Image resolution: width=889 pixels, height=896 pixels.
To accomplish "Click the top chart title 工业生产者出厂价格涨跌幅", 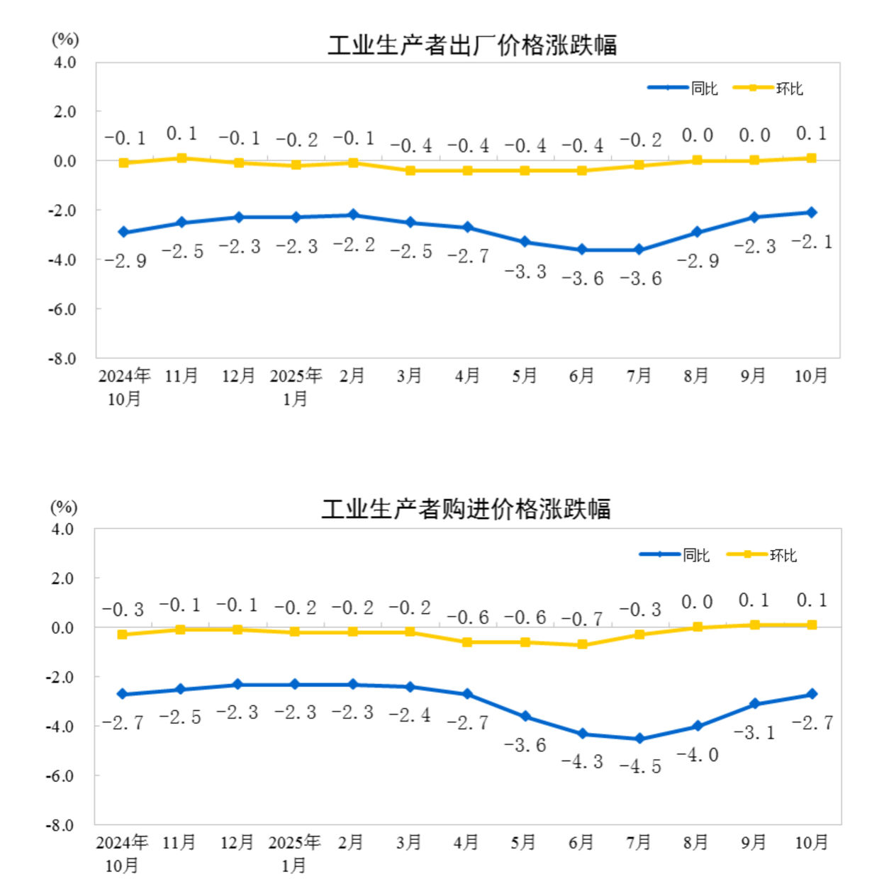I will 472,45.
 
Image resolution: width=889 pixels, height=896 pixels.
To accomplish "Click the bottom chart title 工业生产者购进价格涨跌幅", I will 466,509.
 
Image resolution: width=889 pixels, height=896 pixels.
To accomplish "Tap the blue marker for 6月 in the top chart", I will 582,250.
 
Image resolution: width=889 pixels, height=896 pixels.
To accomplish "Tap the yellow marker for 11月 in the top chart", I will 181,158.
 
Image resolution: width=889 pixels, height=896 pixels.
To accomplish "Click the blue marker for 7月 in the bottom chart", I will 639,739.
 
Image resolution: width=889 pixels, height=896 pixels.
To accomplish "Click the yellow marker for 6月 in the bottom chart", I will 582,644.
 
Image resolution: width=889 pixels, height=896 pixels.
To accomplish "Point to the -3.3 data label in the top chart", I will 525,271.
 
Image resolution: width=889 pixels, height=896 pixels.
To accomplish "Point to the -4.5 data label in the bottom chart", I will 640,766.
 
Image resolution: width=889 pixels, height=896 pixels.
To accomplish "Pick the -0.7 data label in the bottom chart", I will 582,619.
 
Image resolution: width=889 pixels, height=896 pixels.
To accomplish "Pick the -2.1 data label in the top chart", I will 812,242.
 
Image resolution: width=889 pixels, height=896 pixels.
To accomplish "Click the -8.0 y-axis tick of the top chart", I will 62,359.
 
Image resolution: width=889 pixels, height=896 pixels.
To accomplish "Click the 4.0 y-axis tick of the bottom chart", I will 63,530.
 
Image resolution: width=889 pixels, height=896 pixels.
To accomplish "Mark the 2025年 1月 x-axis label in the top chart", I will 296,387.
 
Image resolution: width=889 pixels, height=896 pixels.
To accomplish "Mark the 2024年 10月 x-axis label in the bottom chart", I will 122,853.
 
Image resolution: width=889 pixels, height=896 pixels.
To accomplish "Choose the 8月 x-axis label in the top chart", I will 696,376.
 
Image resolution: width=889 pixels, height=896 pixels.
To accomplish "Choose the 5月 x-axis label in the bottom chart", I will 523,842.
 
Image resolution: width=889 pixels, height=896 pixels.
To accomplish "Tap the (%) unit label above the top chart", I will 65,40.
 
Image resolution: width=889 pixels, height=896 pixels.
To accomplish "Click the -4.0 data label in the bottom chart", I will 698,755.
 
